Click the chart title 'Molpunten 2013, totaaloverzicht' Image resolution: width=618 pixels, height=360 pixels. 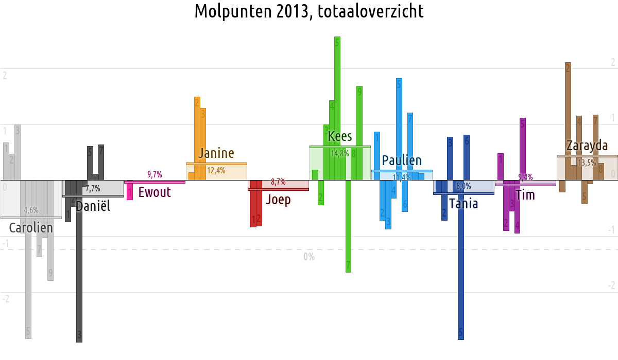(309, 11)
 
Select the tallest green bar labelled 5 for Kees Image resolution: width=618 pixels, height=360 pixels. (337, 103)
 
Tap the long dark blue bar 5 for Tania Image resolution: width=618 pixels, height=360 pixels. (461, 267)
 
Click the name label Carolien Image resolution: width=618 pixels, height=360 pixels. (31, 228)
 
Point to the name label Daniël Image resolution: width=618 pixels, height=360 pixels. (93, 207)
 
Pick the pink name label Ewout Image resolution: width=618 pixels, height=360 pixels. (154, 193)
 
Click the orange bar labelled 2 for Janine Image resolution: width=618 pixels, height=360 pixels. (197, 134)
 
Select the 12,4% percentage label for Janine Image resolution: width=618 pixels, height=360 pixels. (216, 171)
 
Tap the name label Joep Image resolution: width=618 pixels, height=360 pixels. (278, 200)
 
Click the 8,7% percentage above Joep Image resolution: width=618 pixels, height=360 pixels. (278, 182)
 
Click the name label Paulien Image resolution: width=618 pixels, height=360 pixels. (402, 161)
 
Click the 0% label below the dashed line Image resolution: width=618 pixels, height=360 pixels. (309, 257)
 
